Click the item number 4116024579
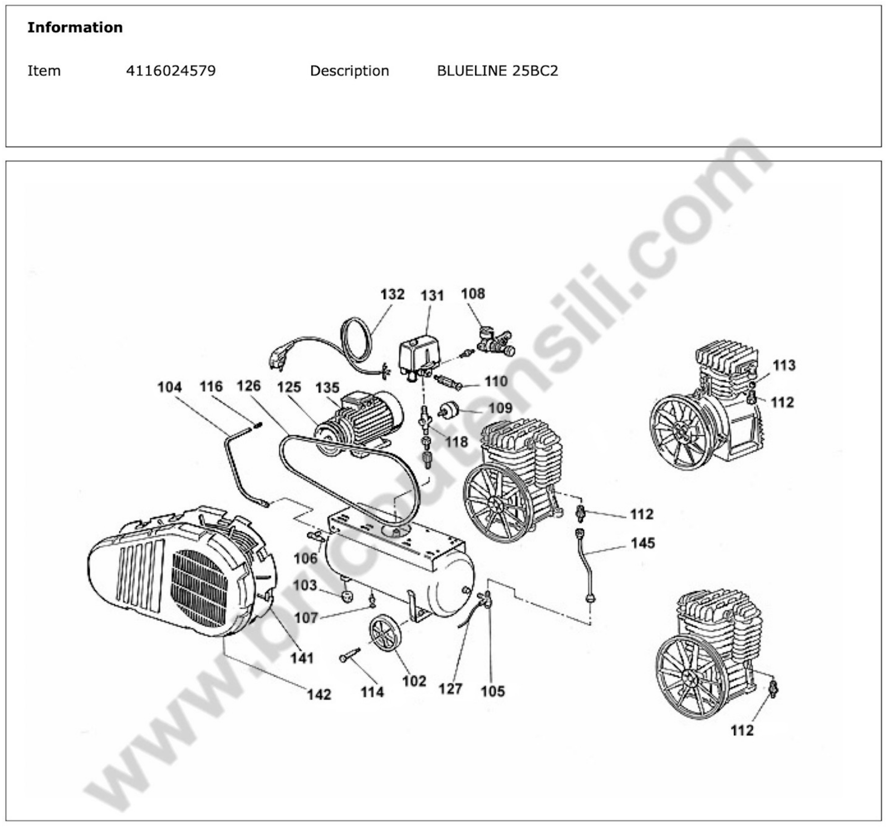coord(170,71)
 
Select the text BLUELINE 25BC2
coord(497,71)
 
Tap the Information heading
coord(75,28)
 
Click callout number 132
coord(392,294)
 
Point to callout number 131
coord(432,296)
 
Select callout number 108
coord(473,293)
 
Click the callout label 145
coord(642,543)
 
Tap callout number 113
coord(784,365)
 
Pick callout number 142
coord(319,694)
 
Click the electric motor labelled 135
coord(366,418)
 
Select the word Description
coord(349,71)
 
